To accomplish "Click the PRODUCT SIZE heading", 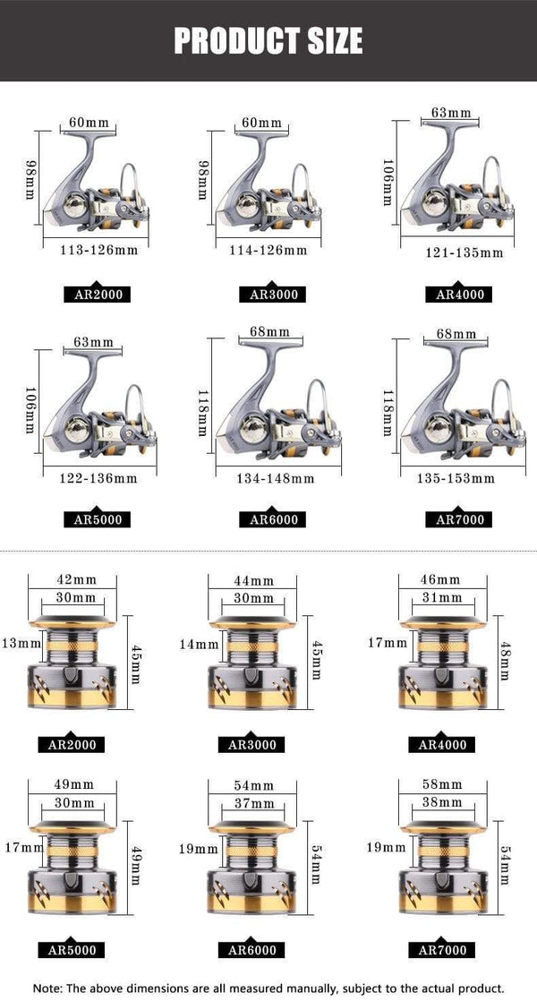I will (x=268, y=40).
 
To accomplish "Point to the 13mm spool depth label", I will (x=21, y=643).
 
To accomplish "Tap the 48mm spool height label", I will (x=506, y=660).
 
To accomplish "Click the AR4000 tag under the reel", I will (x=459, y=294).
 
